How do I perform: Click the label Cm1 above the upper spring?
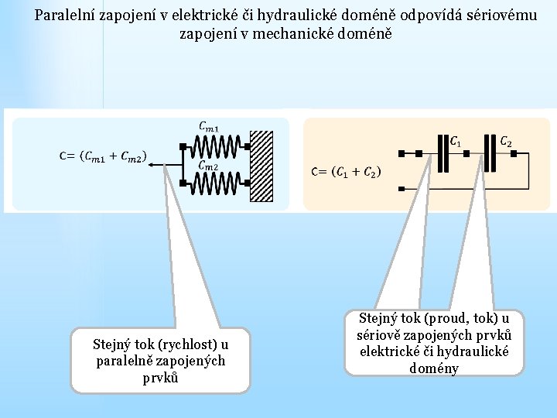(x=209, y=127)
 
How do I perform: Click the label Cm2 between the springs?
(x=209, y=165)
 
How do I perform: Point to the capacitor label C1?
(x=456, y=142)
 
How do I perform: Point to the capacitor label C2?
(x=505, y=142)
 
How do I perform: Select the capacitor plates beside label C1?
(x=443, y=153)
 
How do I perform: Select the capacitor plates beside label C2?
(x=489, y=153)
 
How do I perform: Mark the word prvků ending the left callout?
(x=161, y=378)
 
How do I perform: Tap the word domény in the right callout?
(x=435, y=368)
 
